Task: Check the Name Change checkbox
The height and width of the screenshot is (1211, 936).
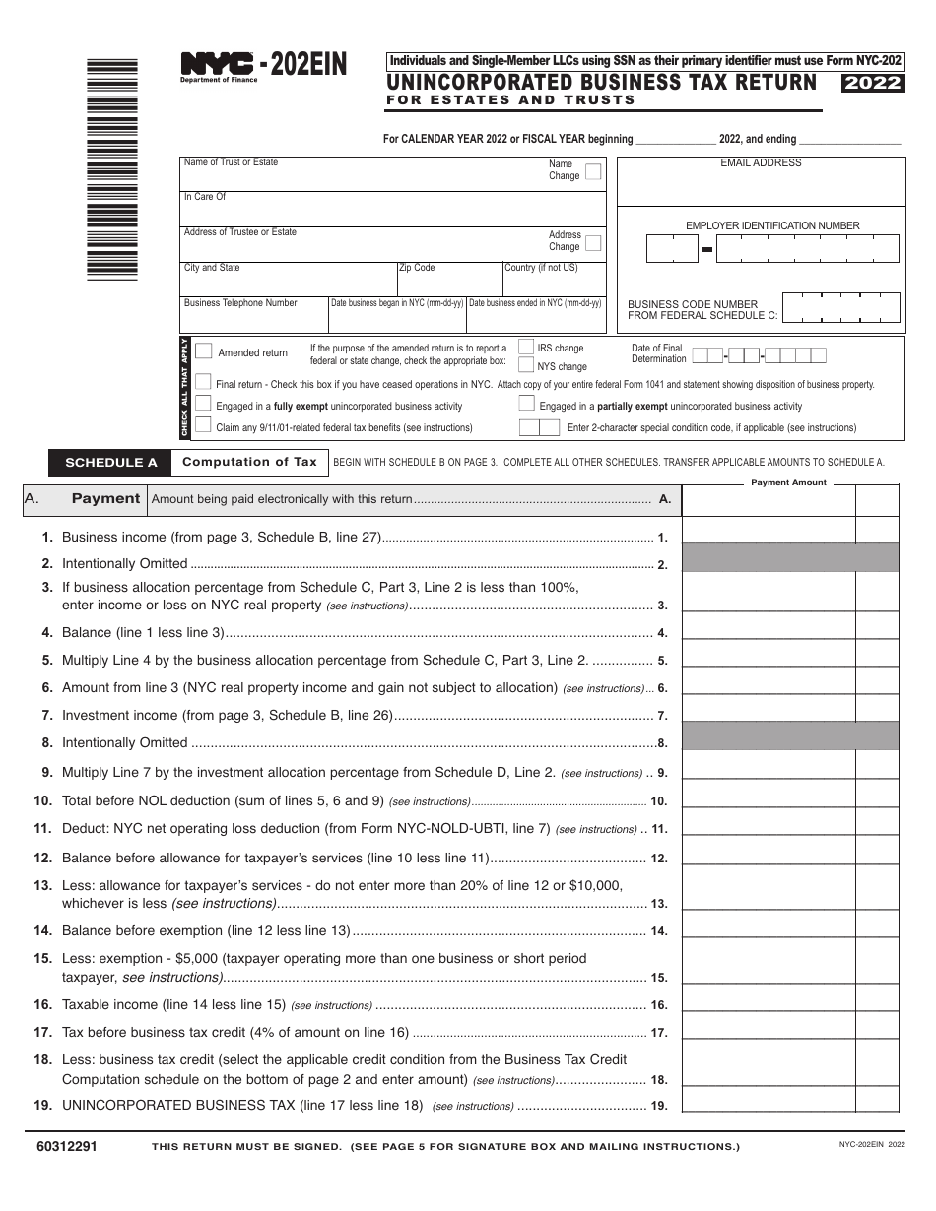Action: [592, 171]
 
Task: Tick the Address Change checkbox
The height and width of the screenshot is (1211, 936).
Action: [592, 242]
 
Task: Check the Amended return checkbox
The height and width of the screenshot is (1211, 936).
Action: [204, 351]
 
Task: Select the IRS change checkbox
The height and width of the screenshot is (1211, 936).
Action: [527, 348]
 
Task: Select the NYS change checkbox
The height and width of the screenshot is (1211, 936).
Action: [527, 365]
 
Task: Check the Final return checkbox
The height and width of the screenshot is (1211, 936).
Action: [203, 383]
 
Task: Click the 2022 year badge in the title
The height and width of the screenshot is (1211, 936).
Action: [873, 83]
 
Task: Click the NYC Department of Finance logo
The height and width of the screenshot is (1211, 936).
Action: [219, 67]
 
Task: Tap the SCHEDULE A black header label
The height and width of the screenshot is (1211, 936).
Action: [110, 462]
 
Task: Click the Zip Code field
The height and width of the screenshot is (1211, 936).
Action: [448, 281]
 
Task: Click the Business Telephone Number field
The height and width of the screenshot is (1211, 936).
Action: [253, 317]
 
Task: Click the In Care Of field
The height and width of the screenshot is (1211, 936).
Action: [394, 210]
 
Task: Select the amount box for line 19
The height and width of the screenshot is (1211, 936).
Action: [769, 1100]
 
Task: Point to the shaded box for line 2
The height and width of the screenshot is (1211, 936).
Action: [790, 558]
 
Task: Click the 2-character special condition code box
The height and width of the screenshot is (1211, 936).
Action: [539, 427]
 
